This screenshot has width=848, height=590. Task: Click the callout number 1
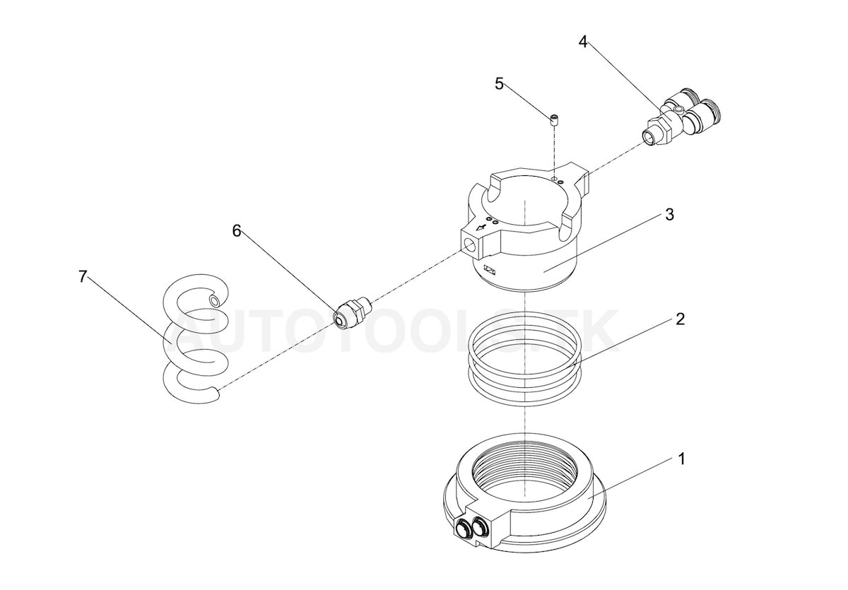coord(682,459)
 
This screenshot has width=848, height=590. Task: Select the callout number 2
coord(680,319)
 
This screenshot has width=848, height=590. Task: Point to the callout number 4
coord(583,42)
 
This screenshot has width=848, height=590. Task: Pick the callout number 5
coord(499,84)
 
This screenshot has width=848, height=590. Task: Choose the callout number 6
coord(237,230)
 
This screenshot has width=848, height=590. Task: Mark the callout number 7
coord(83,276)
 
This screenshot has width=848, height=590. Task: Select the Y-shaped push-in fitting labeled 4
coord(685,113)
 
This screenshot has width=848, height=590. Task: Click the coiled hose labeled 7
coord(194,339)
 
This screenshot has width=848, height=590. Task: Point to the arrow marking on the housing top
coord(483,228)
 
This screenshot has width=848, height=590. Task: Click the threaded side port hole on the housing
coord(469,245)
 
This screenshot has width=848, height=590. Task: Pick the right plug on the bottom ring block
coord(483,525)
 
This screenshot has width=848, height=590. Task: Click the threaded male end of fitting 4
coord(651,135)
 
